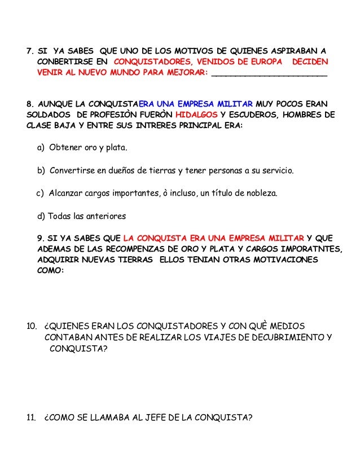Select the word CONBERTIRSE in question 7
[64, 61]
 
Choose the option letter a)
[41, 148]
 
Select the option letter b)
[41, 170]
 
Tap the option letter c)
[40, 193]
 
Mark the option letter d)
[40, 216]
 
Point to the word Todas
[60, 216]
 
